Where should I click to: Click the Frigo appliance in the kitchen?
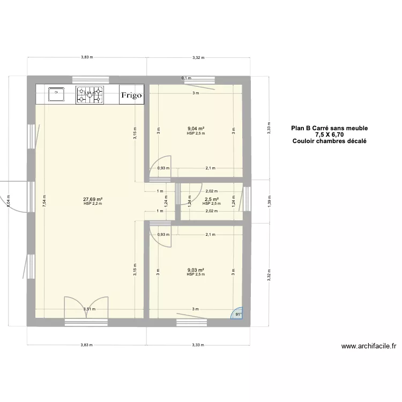tap(131, 95)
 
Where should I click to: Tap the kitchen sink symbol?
tap(56, 95)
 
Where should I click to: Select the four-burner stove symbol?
tap(89, 95)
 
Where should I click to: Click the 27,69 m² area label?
tap(93, 199)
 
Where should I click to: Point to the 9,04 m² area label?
tap(196, 129)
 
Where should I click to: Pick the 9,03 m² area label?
tap(196, 270)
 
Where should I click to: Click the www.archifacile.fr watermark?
tap(368, 346)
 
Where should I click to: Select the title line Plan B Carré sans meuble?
tap(329, 128)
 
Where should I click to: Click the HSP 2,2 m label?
tap(93, 204)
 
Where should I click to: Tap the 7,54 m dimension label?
tap(44, 199)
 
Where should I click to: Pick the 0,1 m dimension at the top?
tap(186, 78)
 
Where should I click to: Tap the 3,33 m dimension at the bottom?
tap(198, 345)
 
